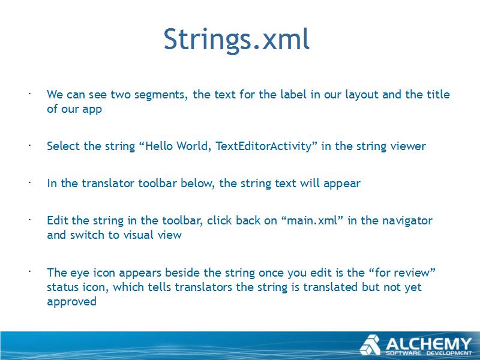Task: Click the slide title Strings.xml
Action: point(236,39)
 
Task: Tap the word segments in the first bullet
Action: point(161,95)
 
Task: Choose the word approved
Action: point(71,302)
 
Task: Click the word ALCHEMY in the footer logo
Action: point(428,344)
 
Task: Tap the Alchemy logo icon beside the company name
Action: point(370,345)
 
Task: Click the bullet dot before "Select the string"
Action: point(29,145)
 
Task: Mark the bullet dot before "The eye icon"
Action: point(29,271)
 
